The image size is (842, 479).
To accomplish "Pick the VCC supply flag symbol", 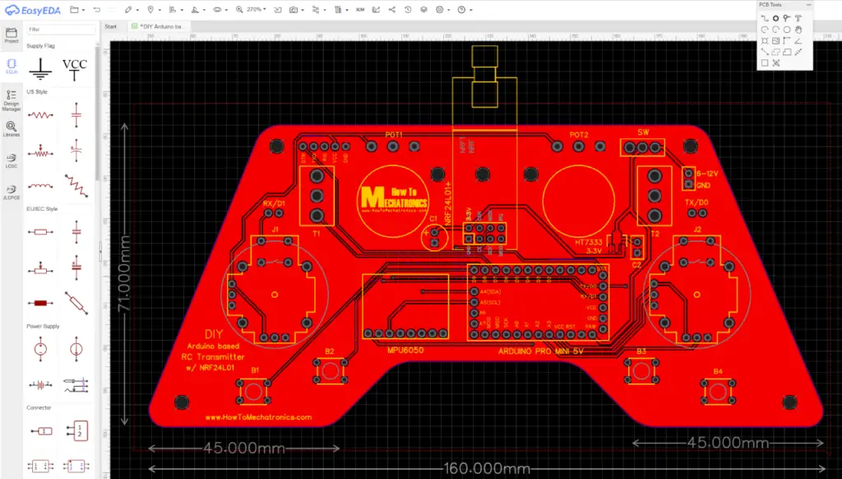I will (75, 69).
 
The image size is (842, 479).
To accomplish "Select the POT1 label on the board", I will (394, 134).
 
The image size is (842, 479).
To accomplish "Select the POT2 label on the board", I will (579, 134).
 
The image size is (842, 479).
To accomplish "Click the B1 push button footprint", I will (255, 392).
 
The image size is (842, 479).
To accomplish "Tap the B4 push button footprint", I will (717, 392).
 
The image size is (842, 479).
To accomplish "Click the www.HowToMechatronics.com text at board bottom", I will (259, 417).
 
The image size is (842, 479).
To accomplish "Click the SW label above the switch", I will (642, 133).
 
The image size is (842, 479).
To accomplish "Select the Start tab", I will (111, 26).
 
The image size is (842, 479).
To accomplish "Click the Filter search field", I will (61, 30).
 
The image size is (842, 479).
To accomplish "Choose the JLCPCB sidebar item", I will (12, 190).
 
